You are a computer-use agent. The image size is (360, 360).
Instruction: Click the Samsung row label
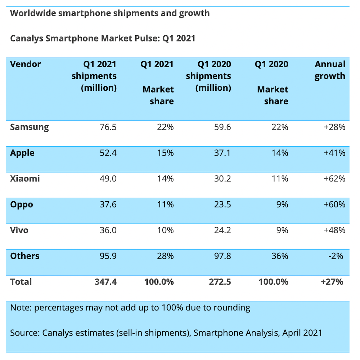tap(30, 127)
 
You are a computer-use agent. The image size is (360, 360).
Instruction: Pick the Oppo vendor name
tap(22, 204)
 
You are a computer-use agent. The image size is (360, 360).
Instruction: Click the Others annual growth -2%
tap(336, 256)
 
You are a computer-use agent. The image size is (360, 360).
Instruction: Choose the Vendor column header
tap(26, 64)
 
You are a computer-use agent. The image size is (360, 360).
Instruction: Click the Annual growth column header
tap(330, 70)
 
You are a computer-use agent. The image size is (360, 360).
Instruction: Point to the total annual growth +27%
tap(332, 282)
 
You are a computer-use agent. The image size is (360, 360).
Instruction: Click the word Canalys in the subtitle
tap(27, 38)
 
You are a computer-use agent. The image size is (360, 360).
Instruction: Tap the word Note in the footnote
tap(20, 307)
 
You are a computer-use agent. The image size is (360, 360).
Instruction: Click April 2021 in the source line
tap(302, 333)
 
